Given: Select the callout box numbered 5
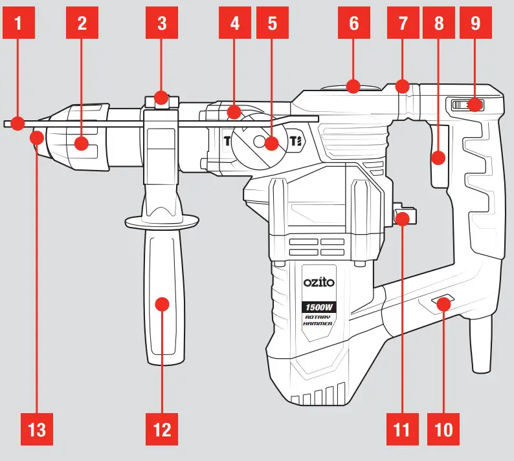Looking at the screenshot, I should (272, 24).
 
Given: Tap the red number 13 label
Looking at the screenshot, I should (38, 429).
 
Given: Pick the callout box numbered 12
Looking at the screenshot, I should (162, 429).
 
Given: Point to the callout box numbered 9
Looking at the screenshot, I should (476, 24).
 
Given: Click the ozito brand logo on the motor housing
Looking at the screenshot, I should (318, 283).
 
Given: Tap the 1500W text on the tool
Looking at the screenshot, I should (318, 306).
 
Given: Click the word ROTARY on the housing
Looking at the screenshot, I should (318, 317).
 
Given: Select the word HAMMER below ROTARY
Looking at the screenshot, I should (318, 324).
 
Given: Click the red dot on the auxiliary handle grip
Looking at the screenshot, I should (162, 304).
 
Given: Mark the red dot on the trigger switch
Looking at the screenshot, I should (438, 156).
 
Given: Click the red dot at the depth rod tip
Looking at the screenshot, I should (19, 122).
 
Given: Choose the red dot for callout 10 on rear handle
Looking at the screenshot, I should (443, 303).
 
